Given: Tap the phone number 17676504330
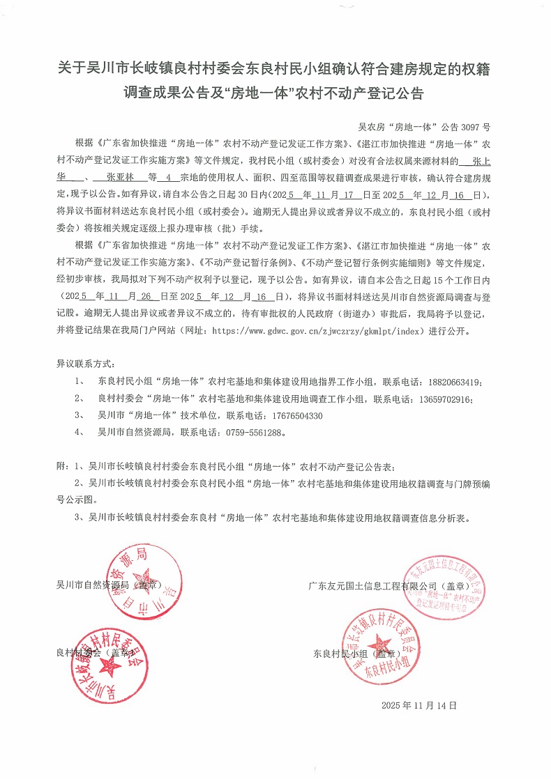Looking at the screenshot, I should pyautogui.click(x=292, y=416).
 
